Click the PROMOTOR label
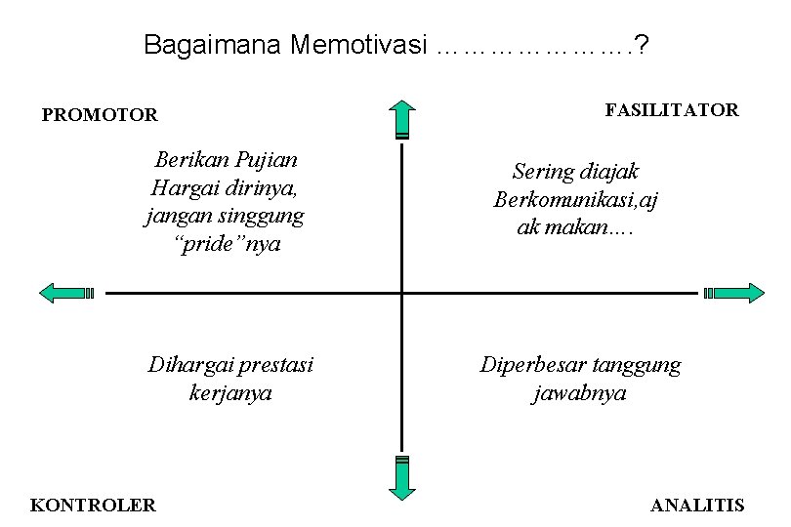pyautogui.click(x=100, y=115)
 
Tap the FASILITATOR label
pyautogui.click(x=672, y=110)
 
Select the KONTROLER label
pyautogui.click(x=94, y=506)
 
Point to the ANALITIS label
pyautogui.click(x=697, y=506)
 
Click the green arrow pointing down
pyautogui.click(x=401, y=477)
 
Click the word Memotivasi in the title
pyautogui.click(x=359, y=45)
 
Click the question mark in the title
pyautogui.click(x=646, y=45)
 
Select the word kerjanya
pyautogui.click(x=230, y=393)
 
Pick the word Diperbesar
pyautogui.click(x=533, y=366)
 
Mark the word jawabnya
pyautogui.click(x=580, y=393)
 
